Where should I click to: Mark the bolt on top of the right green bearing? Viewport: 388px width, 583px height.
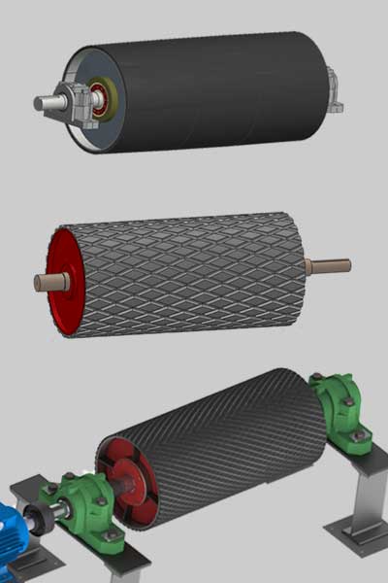tap(317, 376)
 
